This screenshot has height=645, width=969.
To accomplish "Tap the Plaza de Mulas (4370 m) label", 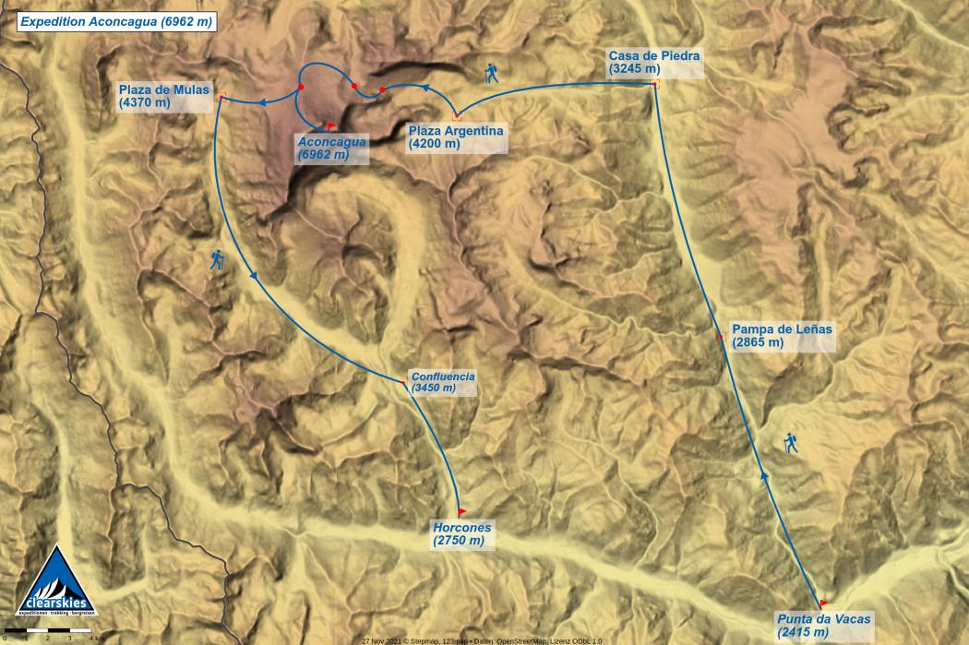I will [x=158, y=96].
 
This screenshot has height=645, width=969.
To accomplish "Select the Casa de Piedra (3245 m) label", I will [x=654, y=62].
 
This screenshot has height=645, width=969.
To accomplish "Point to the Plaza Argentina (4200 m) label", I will [x=456, y=137].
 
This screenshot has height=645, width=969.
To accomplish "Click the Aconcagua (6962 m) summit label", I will [x=330, y=148].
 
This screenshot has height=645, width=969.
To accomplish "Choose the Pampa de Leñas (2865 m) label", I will [x=782, y=335].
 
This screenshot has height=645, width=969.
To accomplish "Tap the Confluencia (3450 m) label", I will [x=442, y=382].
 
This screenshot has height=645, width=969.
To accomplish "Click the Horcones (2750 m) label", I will [x=461, y=533].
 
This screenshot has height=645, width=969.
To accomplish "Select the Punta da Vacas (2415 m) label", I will [x=823, y=625].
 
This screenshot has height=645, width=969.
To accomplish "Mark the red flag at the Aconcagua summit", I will [x=330, y=125].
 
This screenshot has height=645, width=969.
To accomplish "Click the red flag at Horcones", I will [x=461, y=510].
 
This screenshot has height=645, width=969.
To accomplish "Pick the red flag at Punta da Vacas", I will [x=823, y=603].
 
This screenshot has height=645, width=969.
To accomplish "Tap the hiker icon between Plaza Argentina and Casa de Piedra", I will [x=491, y=74].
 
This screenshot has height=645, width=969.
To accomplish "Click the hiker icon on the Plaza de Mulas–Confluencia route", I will [x=217, y=260].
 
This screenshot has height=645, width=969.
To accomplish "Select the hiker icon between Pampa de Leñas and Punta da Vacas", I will [x=790, y=444].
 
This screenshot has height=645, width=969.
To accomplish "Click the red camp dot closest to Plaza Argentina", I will [x=382, y=90].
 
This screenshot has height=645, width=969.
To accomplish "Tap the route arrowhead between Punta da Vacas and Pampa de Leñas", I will [x=763, y=475].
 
